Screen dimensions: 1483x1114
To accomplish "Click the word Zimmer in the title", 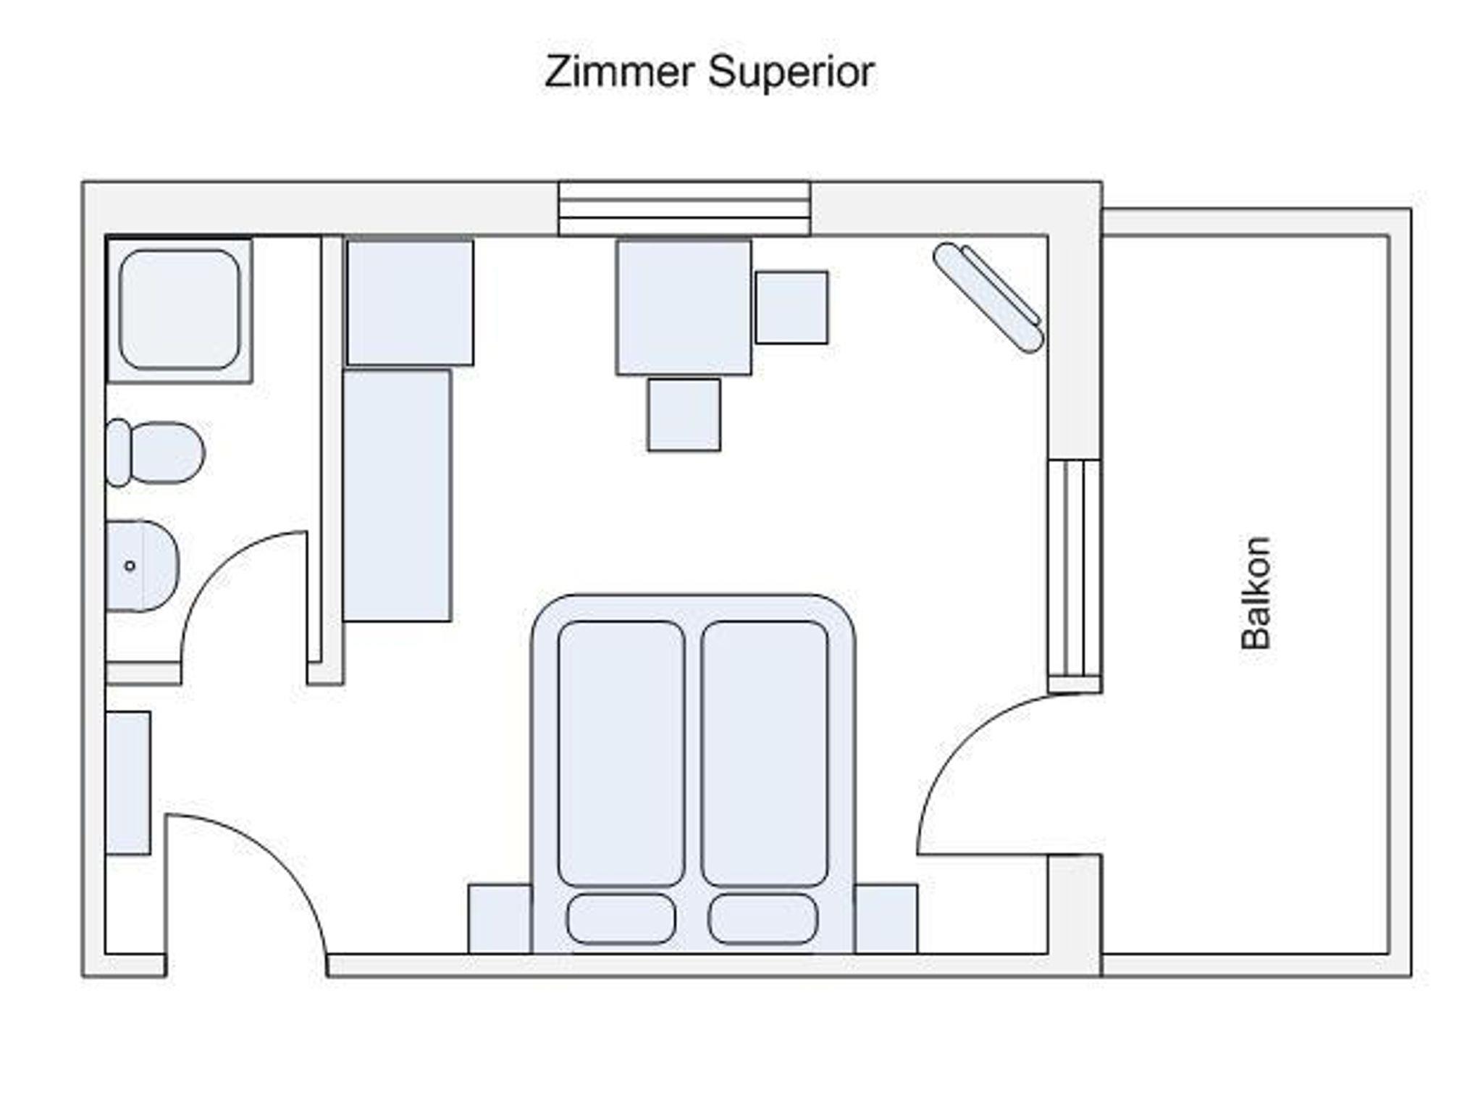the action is pyautogui.click(x=621, y=72).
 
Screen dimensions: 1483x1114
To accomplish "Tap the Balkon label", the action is pyautogui.click(x=1256, y=592).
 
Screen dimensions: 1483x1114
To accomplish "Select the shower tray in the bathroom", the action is pyautogui.click(x=180, y=310).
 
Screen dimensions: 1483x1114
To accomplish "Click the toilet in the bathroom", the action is pyautogui.click(x=155, y=453).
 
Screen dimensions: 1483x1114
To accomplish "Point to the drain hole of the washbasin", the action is pyautogui.click(x=130, y=566).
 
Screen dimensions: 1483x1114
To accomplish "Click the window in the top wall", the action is pyautogui.click(x=684, y=209).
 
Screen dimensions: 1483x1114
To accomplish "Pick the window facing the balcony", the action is pyautogui.click(x=1075, y=576).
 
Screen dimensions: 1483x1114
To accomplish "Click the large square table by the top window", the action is pyautogui.click(x=684, y=308).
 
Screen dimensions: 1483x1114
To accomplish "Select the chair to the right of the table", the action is pyautogui.click(x=791, y=307).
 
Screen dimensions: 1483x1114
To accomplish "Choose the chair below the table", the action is pyautogui.click(x=684, y=414).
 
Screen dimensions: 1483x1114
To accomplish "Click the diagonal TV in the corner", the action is pyautogui.click(x=988, y=298).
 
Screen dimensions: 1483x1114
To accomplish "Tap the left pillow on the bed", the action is pyautogui.click(x=621, y=918).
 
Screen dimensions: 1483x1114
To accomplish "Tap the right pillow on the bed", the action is pyautogui.click(x=762, y=918).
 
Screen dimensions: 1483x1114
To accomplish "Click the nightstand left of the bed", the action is pyautogui.click(x=500, y=918).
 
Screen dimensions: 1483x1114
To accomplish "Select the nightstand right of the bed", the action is pyautogui.click(x=886, y=918).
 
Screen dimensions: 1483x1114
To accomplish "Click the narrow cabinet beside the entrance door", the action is pyautogui.click(x=128, y=783).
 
